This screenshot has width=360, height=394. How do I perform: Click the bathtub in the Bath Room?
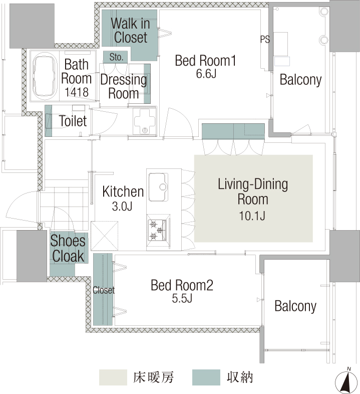tap(45, 75)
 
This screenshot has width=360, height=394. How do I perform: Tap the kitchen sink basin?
tap(158, 187)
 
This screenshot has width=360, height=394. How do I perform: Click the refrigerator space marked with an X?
tap(105, 236)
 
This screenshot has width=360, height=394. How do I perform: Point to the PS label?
tap(265, 39)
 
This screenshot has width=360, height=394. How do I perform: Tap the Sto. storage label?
tap(116, 57)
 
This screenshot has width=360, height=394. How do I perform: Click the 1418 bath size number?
tap(77, 92)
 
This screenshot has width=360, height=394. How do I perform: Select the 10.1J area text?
tap(252, 216)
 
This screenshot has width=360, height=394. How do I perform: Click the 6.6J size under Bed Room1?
tap(206, 74)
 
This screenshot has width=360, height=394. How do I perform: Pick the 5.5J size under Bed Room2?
tap(182, 298)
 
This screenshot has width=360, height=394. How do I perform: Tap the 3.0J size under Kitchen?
tap(122, 207)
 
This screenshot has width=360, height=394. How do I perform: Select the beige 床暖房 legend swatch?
tap(113, 377)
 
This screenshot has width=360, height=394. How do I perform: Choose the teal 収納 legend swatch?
tap(206, 377)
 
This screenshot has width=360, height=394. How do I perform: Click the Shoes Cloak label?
tap(68, 248)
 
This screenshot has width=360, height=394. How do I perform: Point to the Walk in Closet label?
tap(130, 31)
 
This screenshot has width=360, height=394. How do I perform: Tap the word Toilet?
tap(73, 121)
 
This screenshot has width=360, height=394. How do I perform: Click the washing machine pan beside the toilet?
tap(144, 121)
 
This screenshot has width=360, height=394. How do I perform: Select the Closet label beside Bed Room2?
tap(104, 290)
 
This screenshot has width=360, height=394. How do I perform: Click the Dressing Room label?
tap(124, 86)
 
